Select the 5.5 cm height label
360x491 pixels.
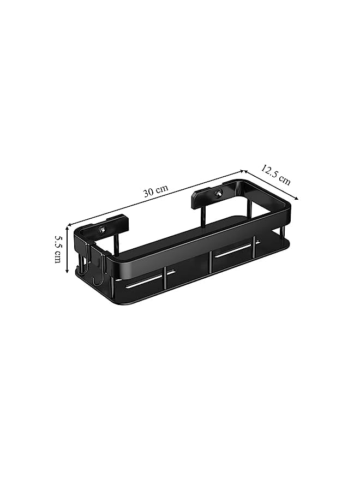pos(58,249)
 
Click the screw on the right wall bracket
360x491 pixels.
pos(218,194)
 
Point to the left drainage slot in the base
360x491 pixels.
pos(150,280)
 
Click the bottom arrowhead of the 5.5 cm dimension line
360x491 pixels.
pos(67,270)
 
